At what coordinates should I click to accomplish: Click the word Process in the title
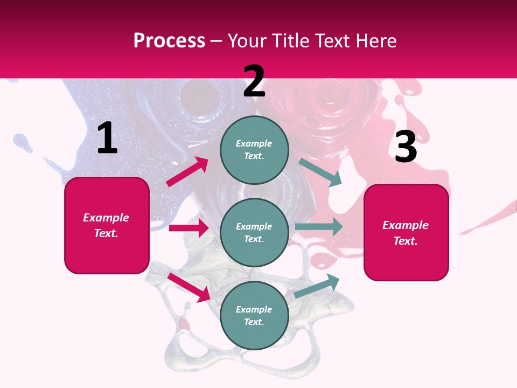pyautogui.click(x=169, y=41)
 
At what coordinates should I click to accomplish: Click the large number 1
pyautogui.click(x=107, y=138)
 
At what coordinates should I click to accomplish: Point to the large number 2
pyautogui.click(x=254, y=81)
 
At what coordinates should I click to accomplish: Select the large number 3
pyautogui.click(x=406, y=147)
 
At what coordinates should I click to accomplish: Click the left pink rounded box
pyautogui.click(x=107, y=225)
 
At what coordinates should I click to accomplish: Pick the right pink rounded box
pyautogui.click(x=406, y=232)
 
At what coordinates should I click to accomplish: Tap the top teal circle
pyautogui.click(x=254, y=150)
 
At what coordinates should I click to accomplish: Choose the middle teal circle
pyautogui.click(x=254, y=232)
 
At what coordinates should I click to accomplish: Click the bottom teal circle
pyautogui.click(x=254, y=315)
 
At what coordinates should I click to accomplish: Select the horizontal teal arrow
pyautogui.click(x=319, y=227)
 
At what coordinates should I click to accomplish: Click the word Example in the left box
pyautogui.click(x=106, y=218)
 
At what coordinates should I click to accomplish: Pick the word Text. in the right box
pyautogui.click(x=406, y=241)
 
